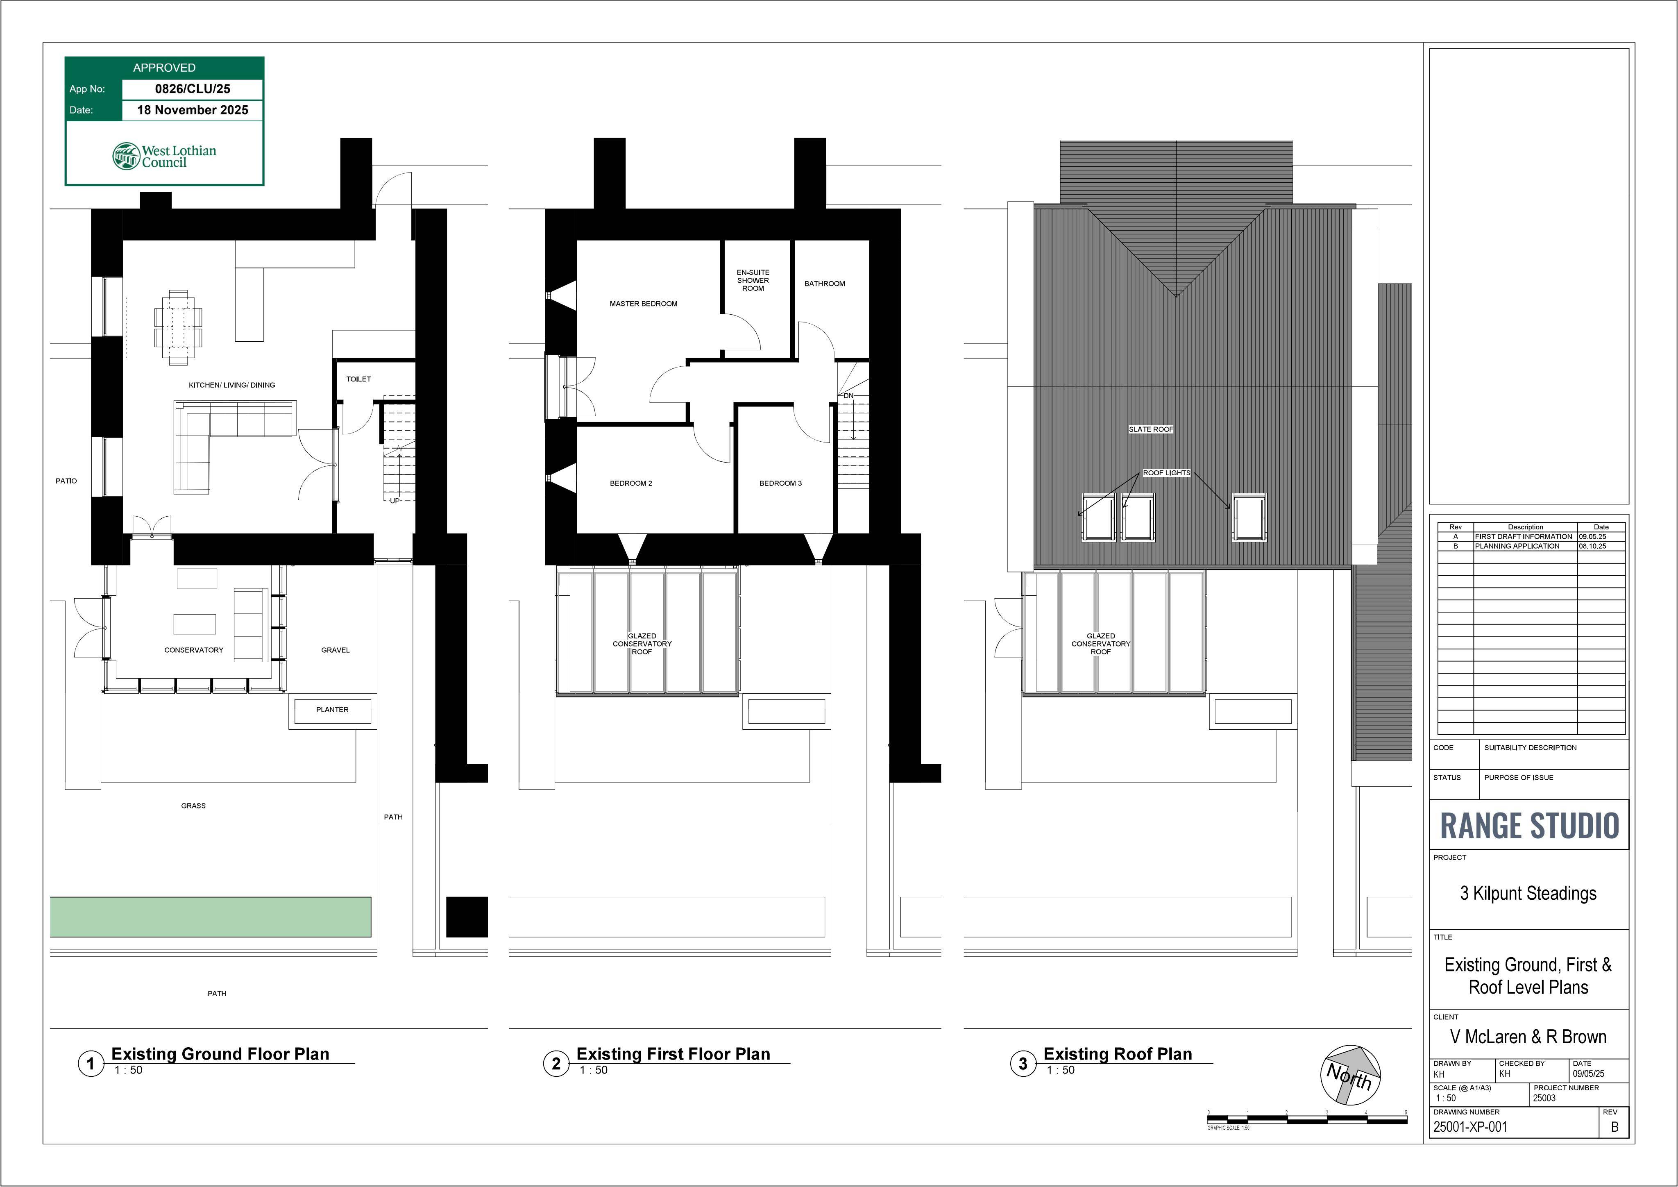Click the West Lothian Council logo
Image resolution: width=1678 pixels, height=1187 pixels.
[164, 156]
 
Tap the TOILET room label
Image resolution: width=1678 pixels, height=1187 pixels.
[358, 379]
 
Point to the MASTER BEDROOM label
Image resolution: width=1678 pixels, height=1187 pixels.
[643, 303]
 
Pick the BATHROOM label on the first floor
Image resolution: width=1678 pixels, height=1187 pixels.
[824, 284]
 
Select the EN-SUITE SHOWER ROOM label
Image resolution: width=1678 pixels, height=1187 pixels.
[753, 280]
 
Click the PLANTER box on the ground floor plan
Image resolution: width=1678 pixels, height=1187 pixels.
[333, 710]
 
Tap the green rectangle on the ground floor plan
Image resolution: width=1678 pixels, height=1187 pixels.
[211, 917]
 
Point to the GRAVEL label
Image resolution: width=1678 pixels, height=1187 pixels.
[336, 650]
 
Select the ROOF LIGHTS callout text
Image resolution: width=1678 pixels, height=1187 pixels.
[1166, 473]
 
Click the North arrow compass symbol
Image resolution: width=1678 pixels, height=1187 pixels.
[1351, 1075]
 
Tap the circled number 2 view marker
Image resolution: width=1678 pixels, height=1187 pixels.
[556, 1064]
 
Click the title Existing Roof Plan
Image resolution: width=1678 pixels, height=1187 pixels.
[1118, 1054]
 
